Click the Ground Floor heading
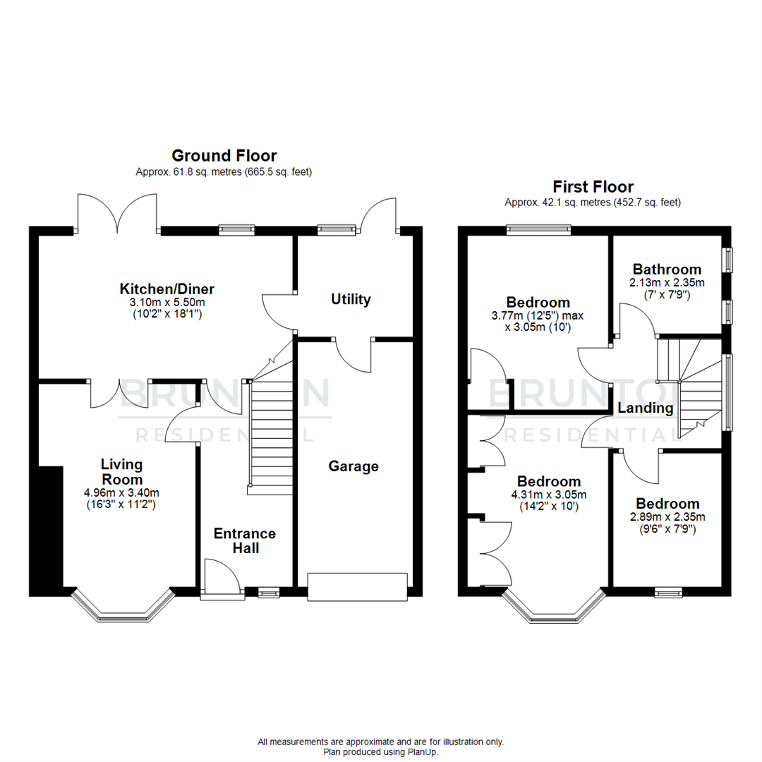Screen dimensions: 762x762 pos(224,155)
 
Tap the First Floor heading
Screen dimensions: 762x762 pos(593,186)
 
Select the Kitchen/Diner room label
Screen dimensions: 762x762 pos(167,289)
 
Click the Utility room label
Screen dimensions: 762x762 pos(351,299)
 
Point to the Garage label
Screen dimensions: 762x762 pos(353,466)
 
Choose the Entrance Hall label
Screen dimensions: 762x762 pos(245,540)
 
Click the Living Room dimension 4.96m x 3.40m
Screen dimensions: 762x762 pos(121,492)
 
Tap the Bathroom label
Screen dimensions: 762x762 pos(667,269)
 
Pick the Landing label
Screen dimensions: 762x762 pos(645,408)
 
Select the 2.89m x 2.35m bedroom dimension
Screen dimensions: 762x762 pos(667,516)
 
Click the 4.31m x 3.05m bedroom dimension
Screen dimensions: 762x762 pos(547,495)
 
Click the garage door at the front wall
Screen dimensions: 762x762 pos(357,587)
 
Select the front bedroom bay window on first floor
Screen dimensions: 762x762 pos(554,610)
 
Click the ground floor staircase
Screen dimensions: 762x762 pos(271,430)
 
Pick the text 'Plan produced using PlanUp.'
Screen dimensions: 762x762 pos(381,752)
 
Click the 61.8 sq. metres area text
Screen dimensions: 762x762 pos(224,171)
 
